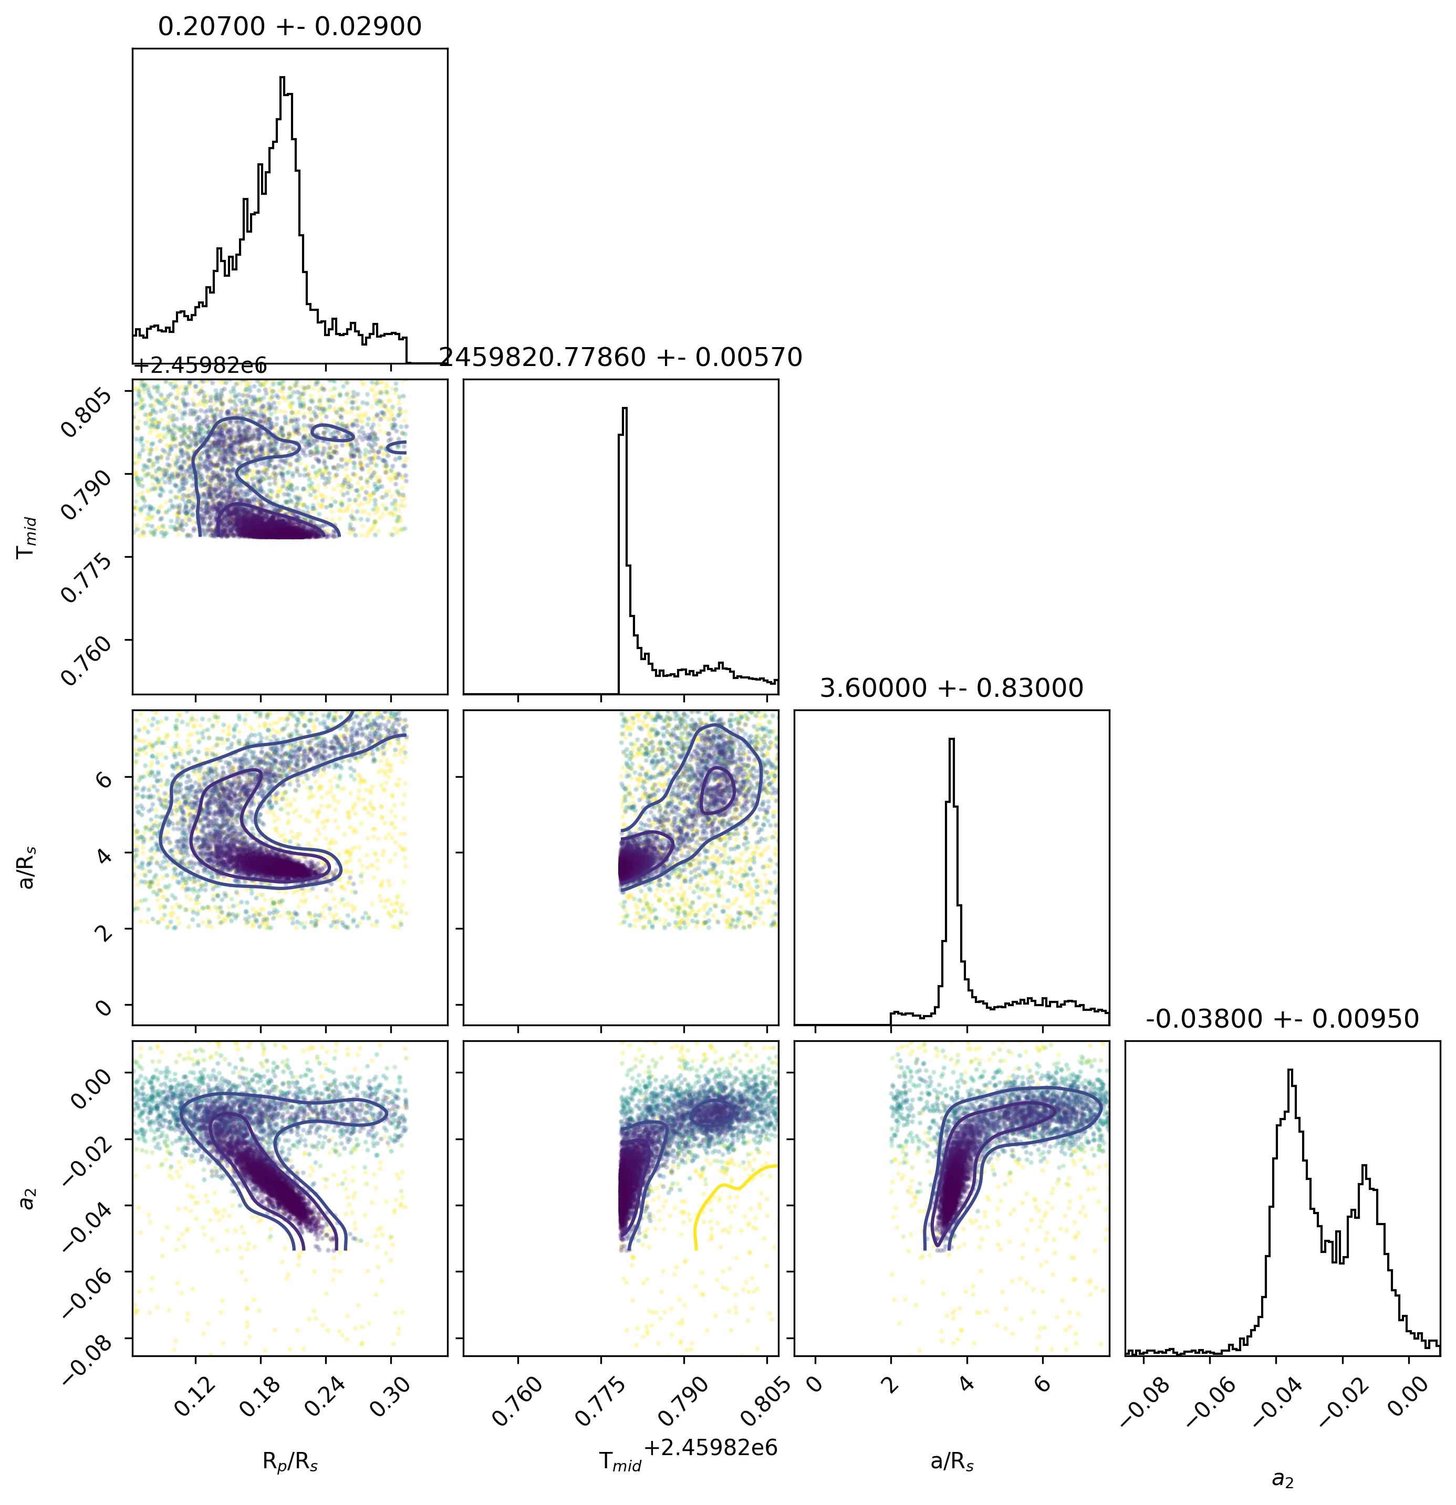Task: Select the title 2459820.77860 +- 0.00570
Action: click(x=620, y=357)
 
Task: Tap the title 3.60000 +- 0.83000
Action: click(x=951, y=688)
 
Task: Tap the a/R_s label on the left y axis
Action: click(x=28, y=868)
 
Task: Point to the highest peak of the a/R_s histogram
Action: click(x=951, y=739)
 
